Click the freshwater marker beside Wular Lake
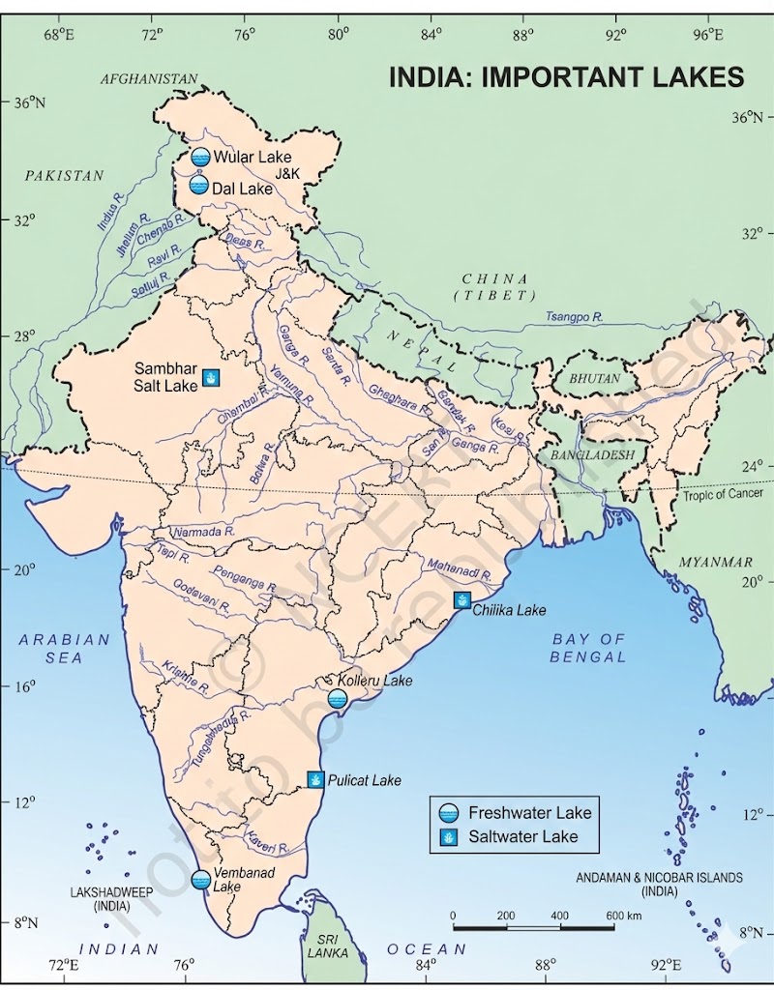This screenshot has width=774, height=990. tap(200, 158)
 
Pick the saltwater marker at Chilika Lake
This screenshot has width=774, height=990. tap(463, 599)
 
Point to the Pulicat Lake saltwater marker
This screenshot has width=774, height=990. tap(315, 779)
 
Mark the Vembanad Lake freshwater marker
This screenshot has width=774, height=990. tap(200, 880)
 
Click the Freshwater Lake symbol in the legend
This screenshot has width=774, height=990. tap(448, 812)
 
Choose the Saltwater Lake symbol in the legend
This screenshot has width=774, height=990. tap(448, 836)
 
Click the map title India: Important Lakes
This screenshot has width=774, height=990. tap(566, 77)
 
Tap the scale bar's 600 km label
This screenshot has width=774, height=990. tap(623, 915)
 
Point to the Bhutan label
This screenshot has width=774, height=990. tap(594, 379)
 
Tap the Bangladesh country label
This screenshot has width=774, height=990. tap(592, 454)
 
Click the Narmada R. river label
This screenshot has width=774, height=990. tap(203, 532)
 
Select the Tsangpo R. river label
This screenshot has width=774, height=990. tap(574, 317)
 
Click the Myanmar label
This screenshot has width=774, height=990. tap(715, 562)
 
